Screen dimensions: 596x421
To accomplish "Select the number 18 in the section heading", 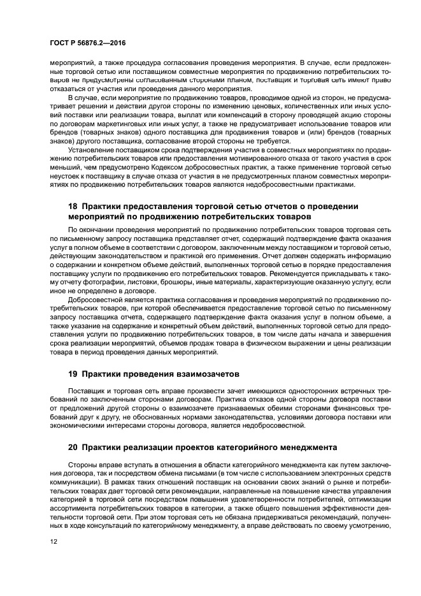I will tap(73, 206).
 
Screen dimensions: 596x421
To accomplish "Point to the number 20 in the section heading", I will tap(73, 448).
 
